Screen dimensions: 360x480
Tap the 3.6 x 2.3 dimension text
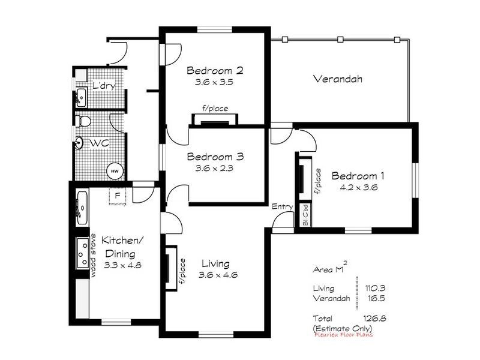click(x=214, y=169)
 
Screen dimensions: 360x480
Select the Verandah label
click(x=340, y=79)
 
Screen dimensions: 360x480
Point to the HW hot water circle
click(x=114, y=170)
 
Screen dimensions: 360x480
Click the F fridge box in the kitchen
click(x=118, y=195)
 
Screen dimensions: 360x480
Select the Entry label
click(x=282, y=207)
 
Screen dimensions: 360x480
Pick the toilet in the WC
click(x=85, y=122)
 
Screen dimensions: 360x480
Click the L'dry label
click(x=103, y=86)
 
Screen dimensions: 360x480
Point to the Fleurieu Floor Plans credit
click(x=343, y=335)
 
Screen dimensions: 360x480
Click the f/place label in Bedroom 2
click(x=215, y=109)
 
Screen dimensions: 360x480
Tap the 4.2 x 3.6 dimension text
click(x=358, y=187)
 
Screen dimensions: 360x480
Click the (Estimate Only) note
click(x=343, y=328)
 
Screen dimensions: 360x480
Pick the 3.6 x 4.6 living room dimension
click(x=215, y=275)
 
